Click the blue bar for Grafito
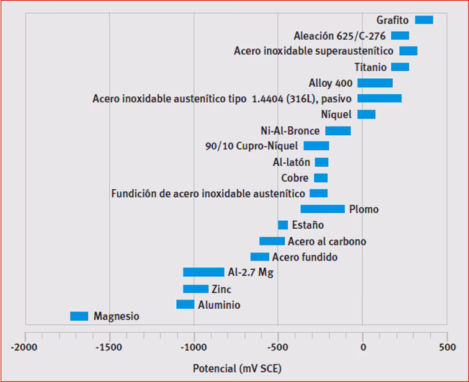[x=424, y=20]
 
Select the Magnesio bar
[x=79, y=316]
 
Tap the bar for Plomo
[x=323, y=209]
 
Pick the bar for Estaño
[x=283, y=225]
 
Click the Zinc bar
[x=195, y=289]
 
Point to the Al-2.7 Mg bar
[x=203, y=272]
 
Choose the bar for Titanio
[x=400, y=67]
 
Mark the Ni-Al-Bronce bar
[x=338, y=131]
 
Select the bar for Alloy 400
[x=375, y=83]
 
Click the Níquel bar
[x=367, y=115]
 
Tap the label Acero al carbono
[x=327, y=241]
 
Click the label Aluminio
[x=219, y=305]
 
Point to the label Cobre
[x=295, y=178]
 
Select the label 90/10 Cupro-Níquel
[x=252, y=146]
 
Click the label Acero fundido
[x=305, y=257]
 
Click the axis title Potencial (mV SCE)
[x=236, y=369]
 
